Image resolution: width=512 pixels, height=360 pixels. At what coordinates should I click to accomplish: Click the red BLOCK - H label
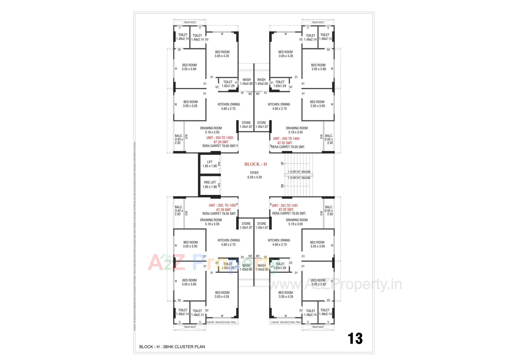pos(255,164)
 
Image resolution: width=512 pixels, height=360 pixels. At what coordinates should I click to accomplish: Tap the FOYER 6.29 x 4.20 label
pos(254,175)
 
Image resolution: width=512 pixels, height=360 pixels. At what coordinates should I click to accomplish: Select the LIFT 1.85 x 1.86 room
pos(210,164)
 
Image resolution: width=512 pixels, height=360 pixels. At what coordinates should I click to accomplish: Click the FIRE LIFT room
pos(210,185)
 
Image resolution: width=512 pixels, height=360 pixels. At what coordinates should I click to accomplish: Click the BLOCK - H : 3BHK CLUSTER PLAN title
pos(172,347)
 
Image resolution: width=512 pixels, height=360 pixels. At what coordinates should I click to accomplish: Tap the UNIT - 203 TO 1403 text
pos(219,138)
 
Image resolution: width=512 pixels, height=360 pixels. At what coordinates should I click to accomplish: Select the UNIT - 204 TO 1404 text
pos(286,139)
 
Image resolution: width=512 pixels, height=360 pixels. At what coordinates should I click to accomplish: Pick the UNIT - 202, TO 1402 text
pos(222,205)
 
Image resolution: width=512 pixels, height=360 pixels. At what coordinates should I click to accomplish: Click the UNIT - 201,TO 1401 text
pos(285,206)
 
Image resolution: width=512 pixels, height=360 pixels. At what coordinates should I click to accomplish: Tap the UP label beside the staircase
pos(282,163)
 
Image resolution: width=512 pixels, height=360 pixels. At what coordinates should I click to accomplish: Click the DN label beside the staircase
pos(282,186)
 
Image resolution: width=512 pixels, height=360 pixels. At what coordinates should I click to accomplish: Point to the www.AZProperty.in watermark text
pos(335,285)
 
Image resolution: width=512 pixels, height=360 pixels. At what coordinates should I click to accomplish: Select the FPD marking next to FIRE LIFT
pos(219,185)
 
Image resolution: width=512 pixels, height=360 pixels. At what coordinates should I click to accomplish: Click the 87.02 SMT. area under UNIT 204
pos(285,143)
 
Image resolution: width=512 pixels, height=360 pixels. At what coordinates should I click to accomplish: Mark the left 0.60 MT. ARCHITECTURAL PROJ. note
pos(222,322)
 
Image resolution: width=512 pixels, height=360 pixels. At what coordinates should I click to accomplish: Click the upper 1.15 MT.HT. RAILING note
pos(299,172)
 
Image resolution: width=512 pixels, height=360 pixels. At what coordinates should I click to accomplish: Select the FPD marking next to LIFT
pos(219,163)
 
